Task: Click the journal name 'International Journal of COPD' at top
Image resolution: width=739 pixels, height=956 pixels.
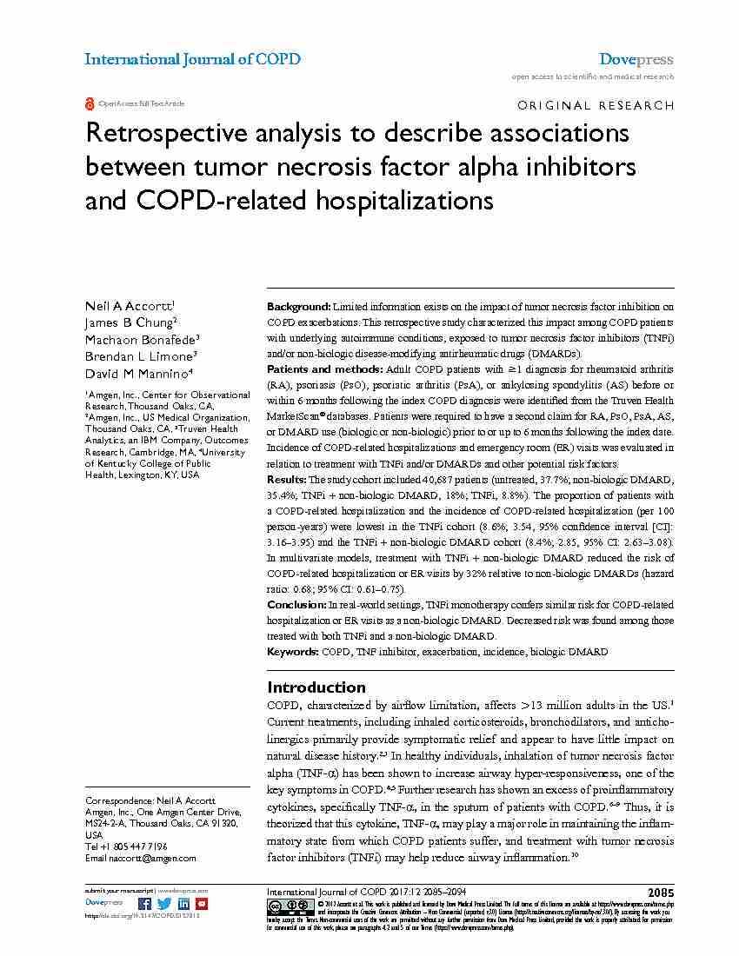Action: coord(192,59)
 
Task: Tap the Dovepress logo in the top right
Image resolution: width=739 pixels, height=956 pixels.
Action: coord(636,59)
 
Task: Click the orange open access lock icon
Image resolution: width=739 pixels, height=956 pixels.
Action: coord(90,103)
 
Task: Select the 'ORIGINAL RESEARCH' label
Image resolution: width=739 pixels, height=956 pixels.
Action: coord(596,105)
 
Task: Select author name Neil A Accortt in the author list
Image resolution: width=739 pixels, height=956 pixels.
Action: coord(129,306)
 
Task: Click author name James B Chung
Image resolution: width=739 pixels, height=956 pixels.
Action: coord(130,322)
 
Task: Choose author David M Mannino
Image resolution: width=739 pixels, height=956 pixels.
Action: coord(137,373)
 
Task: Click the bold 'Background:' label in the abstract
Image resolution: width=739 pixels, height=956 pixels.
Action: coord(298,307)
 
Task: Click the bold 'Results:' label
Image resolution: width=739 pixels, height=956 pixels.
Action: coord(286,480)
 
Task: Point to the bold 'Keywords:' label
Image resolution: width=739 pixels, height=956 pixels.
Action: coord(293,651)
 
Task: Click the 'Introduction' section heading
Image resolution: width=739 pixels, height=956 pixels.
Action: coord(316,687)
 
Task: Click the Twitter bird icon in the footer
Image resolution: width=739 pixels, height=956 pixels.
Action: coord(164,904)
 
